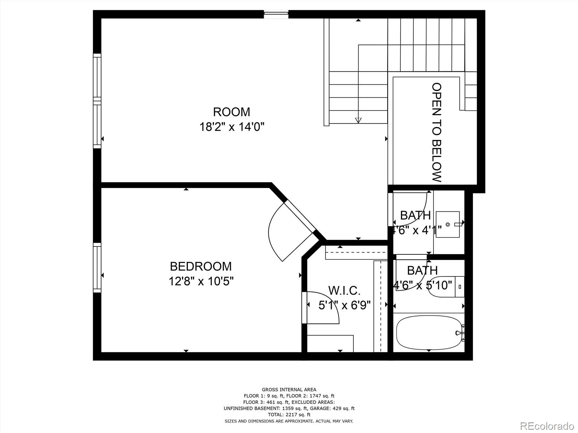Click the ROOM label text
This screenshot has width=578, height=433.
pyautogui.click(x=231, y=112)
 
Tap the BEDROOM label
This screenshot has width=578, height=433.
pyautogui.click(x=200, y=266)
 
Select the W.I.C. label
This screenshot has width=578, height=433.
pyautogui.click(x=344, y=290)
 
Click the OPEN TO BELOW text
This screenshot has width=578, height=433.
pyautogui.click(x=437, y=132)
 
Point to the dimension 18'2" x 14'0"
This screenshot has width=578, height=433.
pyautogui.click(x=232, y=127)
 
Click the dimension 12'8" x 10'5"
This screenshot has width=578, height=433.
pyautogui.click(x=201, y=281)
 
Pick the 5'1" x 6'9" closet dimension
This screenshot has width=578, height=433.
pyautogui.click(x=344, y=306)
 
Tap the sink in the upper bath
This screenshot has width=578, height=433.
pyautogui.click(x=448, y=224)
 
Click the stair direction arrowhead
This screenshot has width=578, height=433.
pyautogui.click(x=358, y=121)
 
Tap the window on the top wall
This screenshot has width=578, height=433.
pyautogui.click(x=276, y=14)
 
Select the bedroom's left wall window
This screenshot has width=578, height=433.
pyautogui.click(x=97, y=267)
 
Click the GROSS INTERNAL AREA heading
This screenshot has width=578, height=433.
pyautogui.click(x=289, y=389)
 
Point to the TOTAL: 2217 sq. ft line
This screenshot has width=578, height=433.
pyautogui.click(x=289, y=415)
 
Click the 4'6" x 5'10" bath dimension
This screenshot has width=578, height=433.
pyautogui.click(x=422, y=285)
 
